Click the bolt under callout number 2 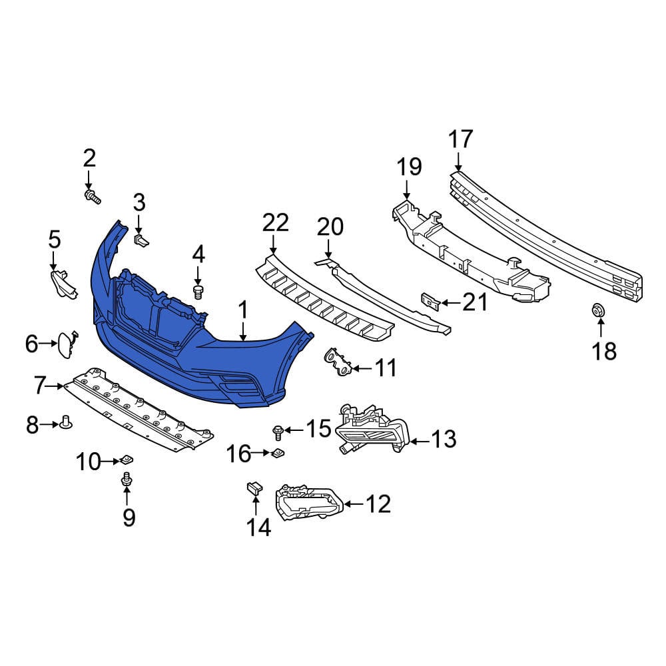pyautogui.click(x=93, y=197)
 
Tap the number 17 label pyautogui.click(x=461, y=139)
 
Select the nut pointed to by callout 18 pyautogui.click(x=598, y=310)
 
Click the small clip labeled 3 pyautogui.click(x=141, y=240)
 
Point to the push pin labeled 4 pyautogui.click(x=198, y=292)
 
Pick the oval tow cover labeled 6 pyautogui.click(x=67, y=344)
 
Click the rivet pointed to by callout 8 pyautogui.click(x=67, y=423)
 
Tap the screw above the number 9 pyautogui.click(x=127, y=479)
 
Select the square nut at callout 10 pyautogui.click(x=126, y=460)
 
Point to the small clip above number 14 pyautogui.click(x=254, y=488)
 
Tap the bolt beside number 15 pyautogui.click(x=278, y=432)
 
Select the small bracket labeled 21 pyautogui.click(x=431, y=302)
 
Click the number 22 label pyautogui.click(x=276, y=223)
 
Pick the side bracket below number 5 pyautogui.click(x=64, y=284)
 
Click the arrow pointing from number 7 pyautogui.click(x=55, y=386)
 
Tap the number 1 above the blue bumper pyautogui.click(x=242, y=310)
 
